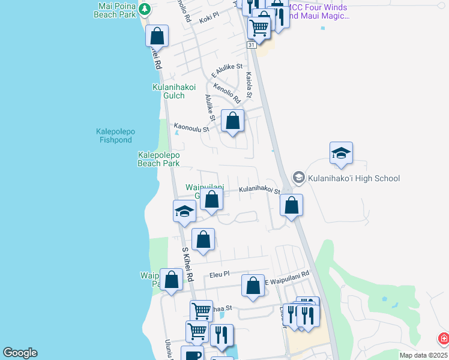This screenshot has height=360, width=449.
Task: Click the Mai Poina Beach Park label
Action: click(x=115, y=10)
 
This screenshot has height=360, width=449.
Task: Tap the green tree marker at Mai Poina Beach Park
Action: click(x=145, y=9)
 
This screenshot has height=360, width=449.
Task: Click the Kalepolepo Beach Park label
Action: click(x=158, y=159)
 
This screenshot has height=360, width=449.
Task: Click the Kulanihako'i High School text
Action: click(x=354, y=178)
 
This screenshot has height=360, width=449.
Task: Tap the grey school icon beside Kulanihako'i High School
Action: click(x=298, y=178)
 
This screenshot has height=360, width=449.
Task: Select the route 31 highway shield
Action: click(x=252, y=45)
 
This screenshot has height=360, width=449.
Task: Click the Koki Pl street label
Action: click(x=209, y=19)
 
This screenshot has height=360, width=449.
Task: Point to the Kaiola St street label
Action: click(x=249, y=85)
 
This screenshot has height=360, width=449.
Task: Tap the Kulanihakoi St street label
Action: click(x=260, y=190)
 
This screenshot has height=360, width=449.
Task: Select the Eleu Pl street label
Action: click(x=219, y=274)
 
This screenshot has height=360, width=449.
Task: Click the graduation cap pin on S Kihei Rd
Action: click(x=184, y=211)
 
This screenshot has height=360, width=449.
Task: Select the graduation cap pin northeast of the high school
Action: click(x=341, y=153)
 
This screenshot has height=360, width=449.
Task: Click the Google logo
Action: click(x=20, y=353)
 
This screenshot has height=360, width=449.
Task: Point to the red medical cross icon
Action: click(x=444, y=339)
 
